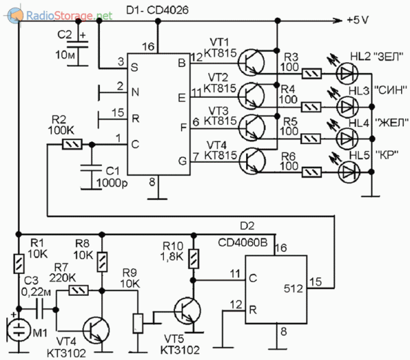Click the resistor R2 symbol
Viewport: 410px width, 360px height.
[x=72, y=144]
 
